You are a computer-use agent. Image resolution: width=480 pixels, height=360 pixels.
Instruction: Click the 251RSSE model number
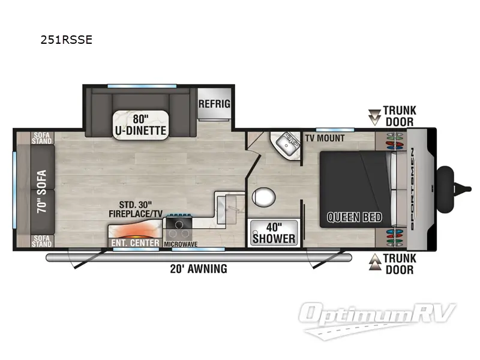tap(67, 40)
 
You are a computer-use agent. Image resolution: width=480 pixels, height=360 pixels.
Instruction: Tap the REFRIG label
tap(214, 104)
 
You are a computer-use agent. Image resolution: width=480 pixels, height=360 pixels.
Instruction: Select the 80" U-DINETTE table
tap(141, 125)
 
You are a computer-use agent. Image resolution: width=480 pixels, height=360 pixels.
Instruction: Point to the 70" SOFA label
tap(42, 191)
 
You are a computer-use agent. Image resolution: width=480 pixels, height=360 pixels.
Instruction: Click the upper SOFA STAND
tap(42, 138)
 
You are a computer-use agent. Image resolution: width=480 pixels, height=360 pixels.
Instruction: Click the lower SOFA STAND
tap(42, 241)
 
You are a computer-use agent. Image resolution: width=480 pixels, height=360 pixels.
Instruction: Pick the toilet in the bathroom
tap(263, 197)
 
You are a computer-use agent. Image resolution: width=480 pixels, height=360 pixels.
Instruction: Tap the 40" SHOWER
tap(274, 233)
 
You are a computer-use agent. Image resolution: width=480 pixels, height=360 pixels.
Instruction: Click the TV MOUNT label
tap(325, 139)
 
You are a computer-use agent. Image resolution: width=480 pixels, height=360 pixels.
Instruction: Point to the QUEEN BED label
tap(355, 217)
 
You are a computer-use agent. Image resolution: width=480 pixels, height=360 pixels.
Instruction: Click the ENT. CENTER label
tap(135, 243)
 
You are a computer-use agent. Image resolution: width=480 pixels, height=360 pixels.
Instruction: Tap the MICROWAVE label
tap(181, 244)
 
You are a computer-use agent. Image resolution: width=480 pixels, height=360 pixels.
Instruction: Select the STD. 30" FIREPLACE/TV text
tap(136, 209)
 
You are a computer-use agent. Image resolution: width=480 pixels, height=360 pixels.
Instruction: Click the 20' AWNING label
tap(199, 269)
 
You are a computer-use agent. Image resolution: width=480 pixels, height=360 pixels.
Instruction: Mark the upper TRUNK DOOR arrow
tap(374, 117)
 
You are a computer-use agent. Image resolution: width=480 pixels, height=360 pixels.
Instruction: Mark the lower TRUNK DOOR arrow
tap(374, 262)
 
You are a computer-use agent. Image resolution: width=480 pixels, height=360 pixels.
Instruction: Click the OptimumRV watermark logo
tap(377, 319)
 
